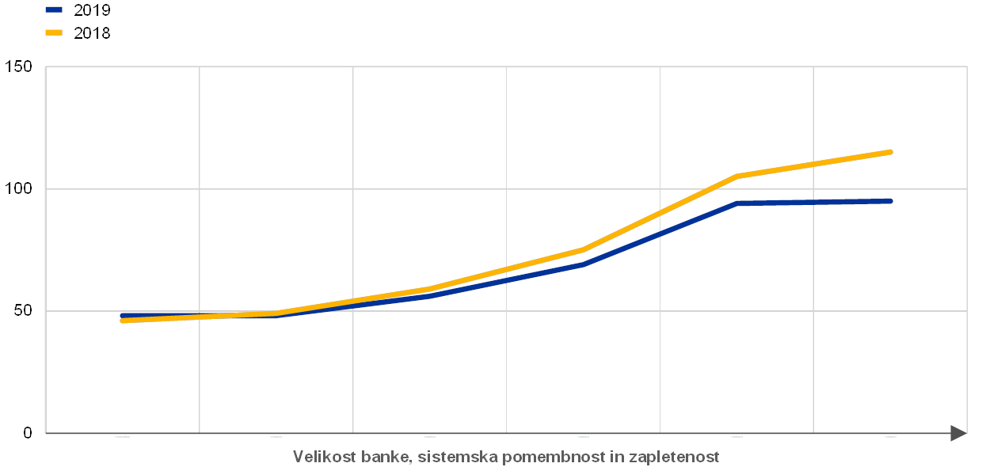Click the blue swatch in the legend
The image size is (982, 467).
54,10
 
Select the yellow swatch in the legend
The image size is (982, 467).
54,32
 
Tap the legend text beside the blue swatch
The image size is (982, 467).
92,10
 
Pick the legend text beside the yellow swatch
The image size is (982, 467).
92,32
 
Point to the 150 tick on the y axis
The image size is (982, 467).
19,66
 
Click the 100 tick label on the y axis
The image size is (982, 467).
19,188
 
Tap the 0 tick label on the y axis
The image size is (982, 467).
28,433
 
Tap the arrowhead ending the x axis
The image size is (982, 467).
958,433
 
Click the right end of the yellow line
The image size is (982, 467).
890,152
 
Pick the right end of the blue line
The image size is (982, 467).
890,201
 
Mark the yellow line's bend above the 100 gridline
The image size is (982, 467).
737,176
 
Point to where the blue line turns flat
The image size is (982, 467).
737,203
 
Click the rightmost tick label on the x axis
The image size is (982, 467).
890,436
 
